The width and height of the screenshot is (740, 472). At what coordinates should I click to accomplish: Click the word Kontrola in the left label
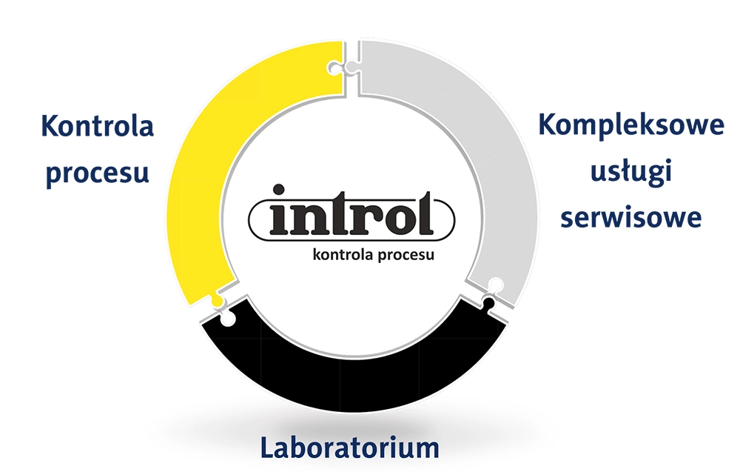tap(98, 126)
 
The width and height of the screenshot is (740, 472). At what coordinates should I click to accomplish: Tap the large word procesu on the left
tap(98, 173)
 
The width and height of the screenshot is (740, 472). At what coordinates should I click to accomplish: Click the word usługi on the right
tap(630, 173)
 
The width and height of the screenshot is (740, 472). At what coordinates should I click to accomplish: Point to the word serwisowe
tap(630, 218)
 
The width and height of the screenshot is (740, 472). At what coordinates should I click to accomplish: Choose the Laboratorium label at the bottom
tap(349, 448)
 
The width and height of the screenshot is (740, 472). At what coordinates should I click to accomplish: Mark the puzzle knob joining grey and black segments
tap(491, 293)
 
